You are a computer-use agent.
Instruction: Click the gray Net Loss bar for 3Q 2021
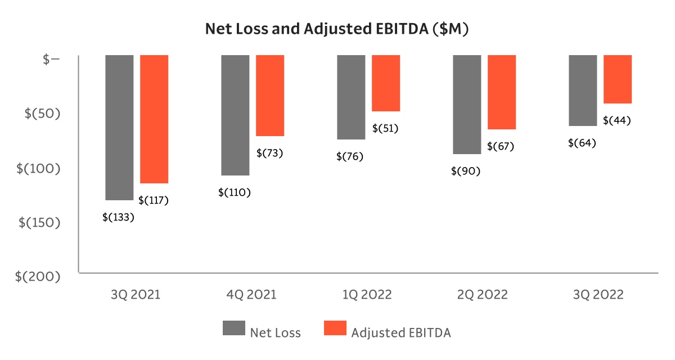(x=119, y=128)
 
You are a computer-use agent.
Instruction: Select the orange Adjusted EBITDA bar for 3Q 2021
(x=154, y=119)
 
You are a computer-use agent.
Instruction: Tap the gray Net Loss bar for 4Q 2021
(x=235, y=115)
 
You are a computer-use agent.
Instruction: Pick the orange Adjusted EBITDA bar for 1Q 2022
(x=386, y=83)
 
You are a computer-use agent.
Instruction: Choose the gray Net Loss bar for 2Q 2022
(x=467, y=105)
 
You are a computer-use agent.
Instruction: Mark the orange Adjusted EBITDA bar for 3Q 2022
(x=618, y=79)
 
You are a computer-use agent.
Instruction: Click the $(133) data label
(x=118, y=217)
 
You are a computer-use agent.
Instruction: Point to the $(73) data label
(x=269, y=153)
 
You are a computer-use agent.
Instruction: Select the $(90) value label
(x=466, y=171)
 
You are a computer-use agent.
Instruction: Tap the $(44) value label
(x=617, y=120)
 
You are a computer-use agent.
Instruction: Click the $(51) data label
(x=385, y=128)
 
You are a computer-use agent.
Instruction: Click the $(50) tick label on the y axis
(x=42, y=113)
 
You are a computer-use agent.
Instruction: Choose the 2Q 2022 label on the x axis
(x=482, y=295)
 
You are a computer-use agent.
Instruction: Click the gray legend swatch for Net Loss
(x=233, y=328)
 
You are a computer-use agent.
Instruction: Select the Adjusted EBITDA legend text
(x=401, y=332)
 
